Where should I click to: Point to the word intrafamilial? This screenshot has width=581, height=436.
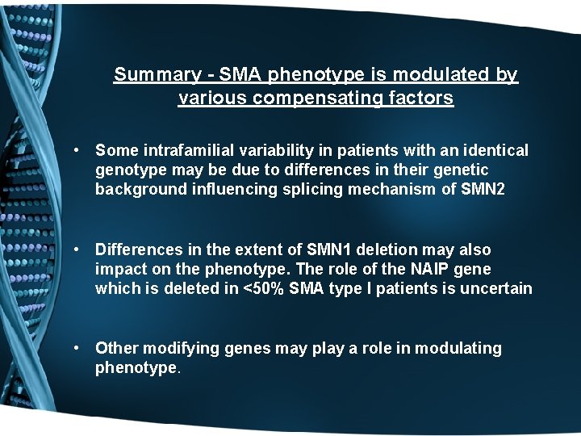point(181,150)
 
